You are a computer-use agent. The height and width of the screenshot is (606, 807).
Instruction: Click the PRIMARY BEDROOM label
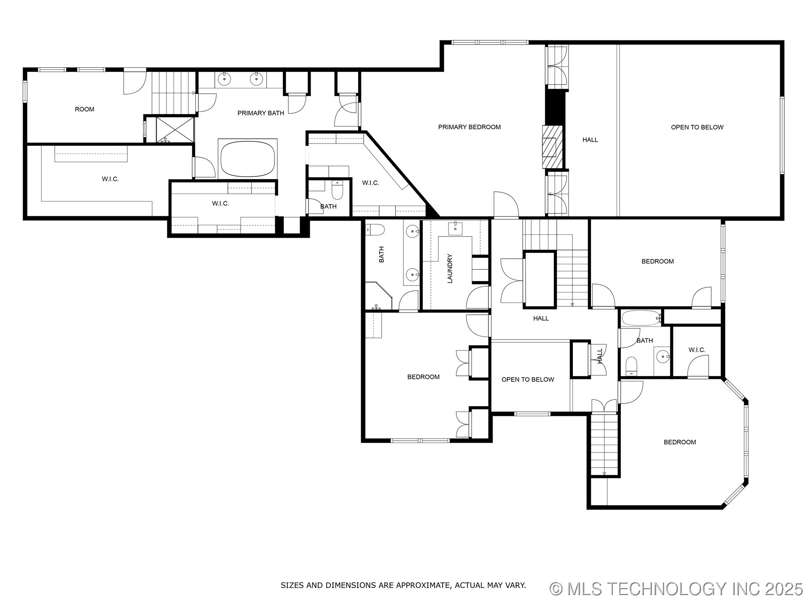click(x=469, y=127)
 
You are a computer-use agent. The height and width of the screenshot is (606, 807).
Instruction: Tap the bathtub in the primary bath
click(x=248, y=159)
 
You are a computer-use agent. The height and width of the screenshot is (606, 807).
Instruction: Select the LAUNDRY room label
click(x=450, y=268)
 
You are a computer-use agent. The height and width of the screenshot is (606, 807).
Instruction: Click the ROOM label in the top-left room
click(x=84, y=109)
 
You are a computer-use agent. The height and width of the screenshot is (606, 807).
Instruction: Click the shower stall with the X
click(x=175, y=130)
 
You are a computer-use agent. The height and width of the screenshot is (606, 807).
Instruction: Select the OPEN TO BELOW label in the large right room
click(x=697, y=127)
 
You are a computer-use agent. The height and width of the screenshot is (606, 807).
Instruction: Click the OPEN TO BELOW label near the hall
click(x=527, y=379)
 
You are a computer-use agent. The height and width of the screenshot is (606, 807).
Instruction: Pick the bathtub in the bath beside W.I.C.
click(x=640, y=318)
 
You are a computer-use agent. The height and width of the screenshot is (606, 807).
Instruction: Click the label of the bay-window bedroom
click(x=680, y=442)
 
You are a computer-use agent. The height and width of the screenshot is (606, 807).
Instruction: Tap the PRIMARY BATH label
click(x=261, y=113)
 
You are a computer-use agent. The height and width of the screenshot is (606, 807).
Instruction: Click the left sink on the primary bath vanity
click(x=225, y=78)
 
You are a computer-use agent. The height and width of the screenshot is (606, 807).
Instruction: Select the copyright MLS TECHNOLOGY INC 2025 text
click(x=676, y=589)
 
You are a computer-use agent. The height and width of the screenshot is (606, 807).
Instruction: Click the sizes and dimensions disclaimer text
click(x=403, y=585)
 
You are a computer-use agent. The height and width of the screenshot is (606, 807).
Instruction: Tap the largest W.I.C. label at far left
click(x=110, y=179)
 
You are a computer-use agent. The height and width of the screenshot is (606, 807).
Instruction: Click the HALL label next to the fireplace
click(x=590, y=140)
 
